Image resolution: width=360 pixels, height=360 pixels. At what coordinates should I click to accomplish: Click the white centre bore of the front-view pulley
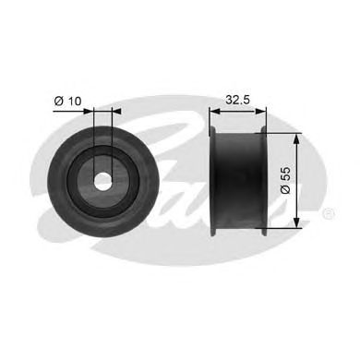pyautogui.click(x=103, y=180)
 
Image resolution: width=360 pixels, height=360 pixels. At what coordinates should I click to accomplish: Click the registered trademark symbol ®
pyautogui.click(x=330, y=214)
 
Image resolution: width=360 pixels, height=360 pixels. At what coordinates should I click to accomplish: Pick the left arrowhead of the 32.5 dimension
pyautogui.click(x=215, y=108)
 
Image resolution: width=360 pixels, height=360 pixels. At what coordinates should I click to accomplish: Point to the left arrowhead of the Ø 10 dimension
pyautogui.click(x=91, y=108)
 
